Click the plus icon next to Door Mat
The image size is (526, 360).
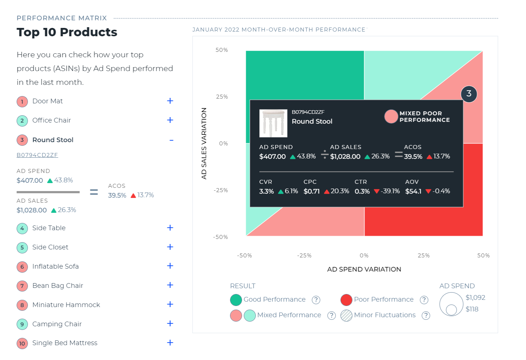point(170,101)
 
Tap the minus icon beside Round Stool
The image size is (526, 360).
point(171,140)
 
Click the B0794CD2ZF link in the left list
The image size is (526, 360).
point(37,155)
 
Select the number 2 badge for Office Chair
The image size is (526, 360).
point(22,120)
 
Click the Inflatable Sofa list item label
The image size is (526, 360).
point(55,266)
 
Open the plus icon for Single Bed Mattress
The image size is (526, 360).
point(170,343)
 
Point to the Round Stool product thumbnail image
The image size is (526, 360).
point(273,123)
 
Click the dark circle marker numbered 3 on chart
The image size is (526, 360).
point(469,94)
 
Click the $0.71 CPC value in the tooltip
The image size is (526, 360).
point(312,191)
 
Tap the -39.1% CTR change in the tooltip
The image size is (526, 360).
point(390,191)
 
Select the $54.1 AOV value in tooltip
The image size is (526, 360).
point(413,191)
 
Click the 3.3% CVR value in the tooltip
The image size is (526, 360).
point(266,191)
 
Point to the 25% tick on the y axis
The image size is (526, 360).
point(222,97)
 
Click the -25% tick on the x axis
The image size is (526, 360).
point(304,256)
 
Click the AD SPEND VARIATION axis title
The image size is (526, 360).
point(364,269)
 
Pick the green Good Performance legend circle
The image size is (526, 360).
point(236,300)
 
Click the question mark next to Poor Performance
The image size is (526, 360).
point(424,300)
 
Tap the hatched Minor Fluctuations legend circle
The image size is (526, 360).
point(346,315)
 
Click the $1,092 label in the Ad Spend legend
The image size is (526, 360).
point(475,298)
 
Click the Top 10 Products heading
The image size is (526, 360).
point(67,32)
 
